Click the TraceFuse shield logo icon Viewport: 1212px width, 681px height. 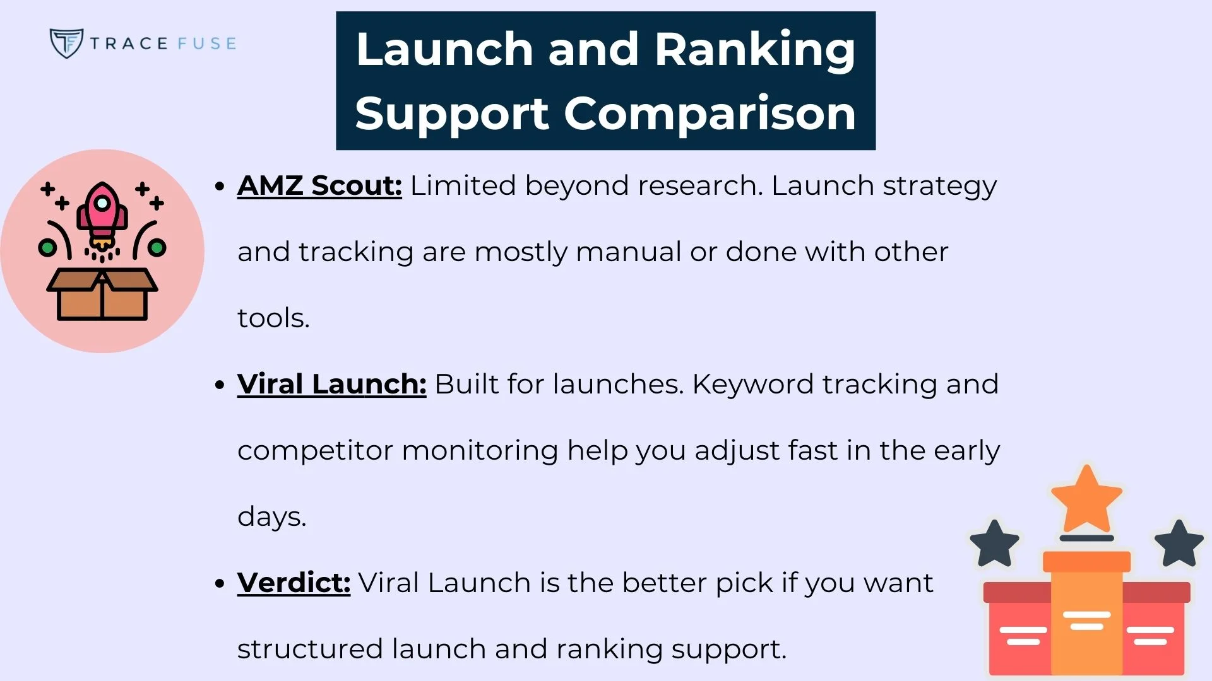click(66, 43)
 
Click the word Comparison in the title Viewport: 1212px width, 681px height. click(710, 114)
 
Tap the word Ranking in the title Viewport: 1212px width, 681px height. click(755, 49)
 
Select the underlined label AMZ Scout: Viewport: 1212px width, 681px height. click(319, 185)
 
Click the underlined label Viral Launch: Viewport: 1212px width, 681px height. click(331, 384)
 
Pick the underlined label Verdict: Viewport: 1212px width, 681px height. click(294, 583)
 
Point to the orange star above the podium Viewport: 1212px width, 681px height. click(1086, 499)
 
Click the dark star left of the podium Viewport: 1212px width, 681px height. click(994, 543)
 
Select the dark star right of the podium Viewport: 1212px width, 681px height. click(1179, 543)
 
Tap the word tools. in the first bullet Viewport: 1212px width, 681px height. click(273, 318)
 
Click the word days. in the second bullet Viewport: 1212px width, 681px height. click(271, 516)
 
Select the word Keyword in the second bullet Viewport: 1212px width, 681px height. click(752, 384)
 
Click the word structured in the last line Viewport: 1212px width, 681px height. click(310, 649)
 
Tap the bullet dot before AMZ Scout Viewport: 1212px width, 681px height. click(220, 186)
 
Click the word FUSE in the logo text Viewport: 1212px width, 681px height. click(206, 44)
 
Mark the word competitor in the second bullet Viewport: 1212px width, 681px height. click(315, 450)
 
